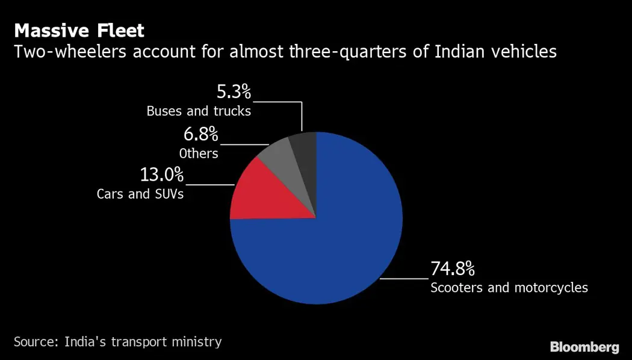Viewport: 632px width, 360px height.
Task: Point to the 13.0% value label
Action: [162, 175]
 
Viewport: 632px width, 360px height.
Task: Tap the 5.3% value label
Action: [234, 93]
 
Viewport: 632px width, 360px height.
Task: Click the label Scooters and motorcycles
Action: [509, 287]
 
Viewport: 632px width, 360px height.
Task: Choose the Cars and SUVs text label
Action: [140, 194]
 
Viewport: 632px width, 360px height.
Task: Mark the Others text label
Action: [198, 154]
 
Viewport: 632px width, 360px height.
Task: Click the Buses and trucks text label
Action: [198, 111]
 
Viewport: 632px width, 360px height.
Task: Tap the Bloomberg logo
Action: [584, 347]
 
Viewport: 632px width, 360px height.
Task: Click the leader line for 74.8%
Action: [404, 279]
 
